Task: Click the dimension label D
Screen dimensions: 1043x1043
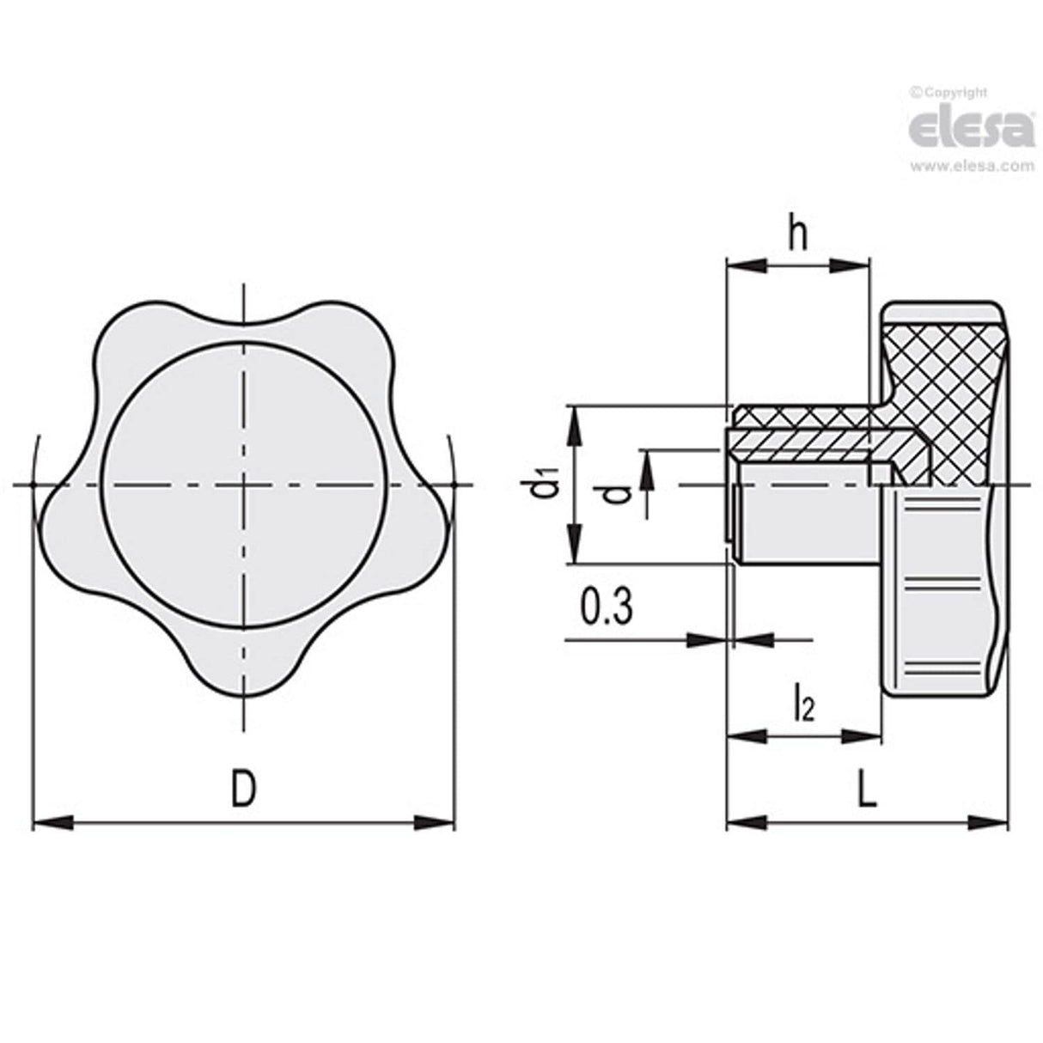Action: tap(244, 788)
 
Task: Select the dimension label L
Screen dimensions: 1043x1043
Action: tap(868, 789)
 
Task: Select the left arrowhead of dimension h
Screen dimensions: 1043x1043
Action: tap(743, 265)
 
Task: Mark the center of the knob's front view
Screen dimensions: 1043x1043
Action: tap(244, 485)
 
